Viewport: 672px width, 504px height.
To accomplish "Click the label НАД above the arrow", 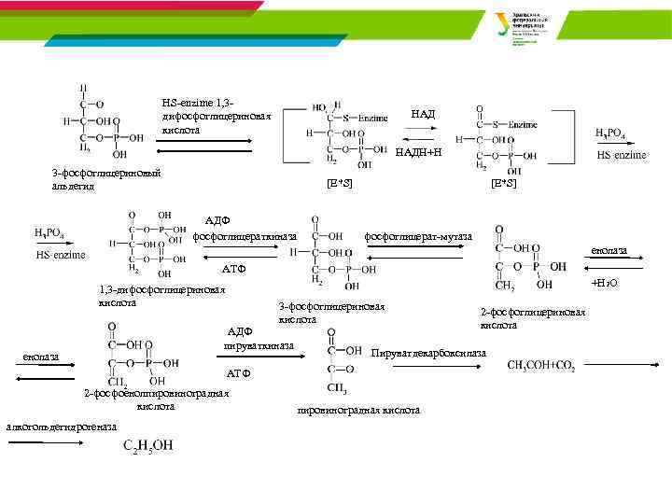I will [x=423, y=114].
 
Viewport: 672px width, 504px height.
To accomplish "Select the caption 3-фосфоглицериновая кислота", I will [x=331, y=313].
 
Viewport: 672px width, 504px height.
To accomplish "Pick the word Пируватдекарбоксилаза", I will [x=428, y=353].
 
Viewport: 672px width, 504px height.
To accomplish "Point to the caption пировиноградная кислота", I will [x=358, y=410].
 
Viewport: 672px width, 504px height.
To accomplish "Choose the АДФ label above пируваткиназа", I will [x=240, y=330].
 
